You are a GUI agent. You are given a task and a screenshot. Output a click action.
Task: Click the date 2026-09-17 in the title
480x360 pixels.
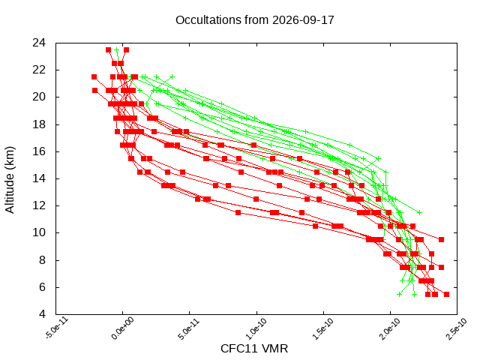tap(303, 20)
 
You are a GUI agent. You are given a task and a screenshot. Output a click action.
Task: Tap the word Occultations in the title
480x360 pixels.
tap(208, 20)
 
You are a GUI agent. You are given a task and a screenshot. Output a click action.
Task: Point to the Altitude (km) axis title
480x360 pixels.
tap(10, 180)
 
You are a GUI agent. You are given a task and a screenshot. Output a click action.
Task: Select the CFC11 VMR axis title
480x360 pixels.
tap(254, 349)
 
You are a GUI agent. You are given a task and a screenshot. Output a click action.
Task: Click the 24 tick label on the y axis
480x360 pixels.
tap(39, 43)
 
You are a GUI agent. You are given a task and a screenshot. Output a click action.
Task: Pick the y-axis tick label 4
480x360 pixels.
tap(42, 314)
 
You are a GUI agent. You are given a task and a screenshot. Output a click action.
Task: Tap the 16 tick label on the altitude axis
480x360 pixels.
tap(39, 151)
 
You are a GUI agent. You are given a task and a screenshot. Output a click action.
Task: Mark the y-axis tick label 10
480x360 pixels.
tap(39, 232)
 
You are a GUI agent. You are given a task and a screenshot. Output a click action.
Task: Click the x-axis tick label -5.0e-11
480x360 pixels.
tap(57, 328)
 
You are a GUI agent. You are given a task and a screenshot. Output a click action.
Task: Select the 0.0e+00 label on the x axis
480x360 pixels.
tap(122, 328)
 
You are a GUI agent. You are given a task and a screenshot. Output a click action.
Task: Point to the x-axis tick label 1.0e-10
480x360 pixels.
tap(256, 328)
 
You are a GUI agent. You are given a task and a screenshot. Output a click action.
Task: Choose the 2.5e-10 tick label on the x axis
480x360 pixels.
tap(457, 328)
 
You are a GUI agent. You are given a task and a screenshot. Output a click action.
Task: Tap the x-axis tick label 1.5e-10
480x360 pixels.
tap(323, 328)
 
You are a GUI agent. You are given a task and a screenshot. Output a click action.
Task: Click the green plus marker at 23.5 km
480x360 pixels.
tap(117, 50)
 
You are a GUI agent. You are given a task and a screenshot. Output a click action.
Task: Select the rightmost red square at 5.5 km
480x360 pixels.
tap(447, 294)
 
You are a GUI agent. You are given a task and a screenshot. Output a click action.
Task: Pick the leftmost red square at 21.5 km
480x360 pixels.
tap(94, 76)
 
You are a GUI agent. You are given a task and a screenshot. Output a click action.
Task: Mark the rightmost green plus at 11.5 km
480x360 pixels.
tap(420, 212)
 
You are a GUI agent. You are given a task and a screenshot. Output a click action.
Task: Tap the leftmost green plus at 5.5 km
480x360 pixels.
tap(399, 294)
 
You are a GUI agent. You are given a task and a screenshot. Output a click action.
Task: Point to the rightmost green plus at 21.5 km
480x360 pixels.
tap(172, 76)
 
